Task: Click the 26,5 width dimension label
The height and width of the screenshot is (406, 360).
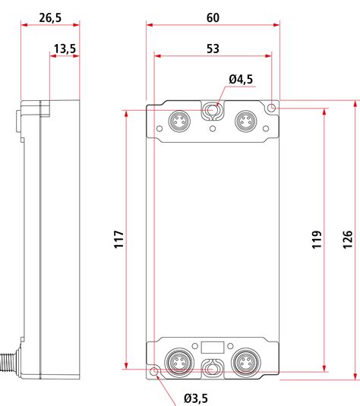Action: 50,16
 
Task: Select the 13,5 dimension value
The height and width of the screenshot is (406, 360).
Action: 65,48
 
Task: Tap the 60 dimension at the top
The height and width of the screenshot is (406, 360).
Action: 213,16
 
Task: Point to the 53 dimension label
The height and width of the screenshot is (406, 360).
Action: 213,48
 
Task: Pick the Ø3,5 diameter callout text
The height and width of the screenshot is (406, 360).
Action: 196,398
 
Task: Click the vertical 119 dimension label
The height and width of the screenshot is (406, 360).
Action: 315,241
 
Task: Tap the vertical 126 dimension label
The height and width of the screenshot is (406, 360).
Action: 348,241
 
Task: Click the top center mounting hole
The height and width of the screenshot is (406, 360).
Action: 213,112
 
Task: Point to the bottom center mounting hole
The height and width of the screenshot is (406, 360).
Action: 213,370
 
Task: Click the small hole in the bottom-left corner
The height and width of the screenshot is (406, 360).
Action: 154,371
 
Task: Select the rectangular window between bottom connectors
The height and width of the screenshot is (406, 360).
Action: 213,348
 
